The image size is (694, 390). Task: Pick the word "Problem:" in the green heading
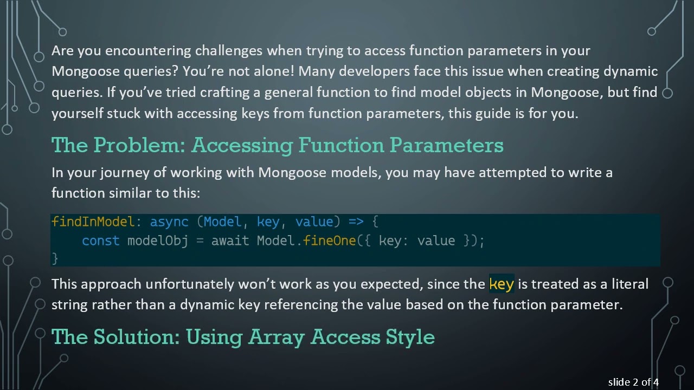(x=140, y=145)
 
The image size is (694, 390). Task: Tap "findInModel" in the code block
(x=92, y=222)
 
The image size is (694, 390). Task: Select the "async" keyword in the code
(x=169, y=222)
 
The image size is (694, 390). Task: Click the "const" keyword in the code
(x=100, y=241)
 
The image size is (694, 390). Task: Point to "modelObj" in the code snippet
(x=157, y=241)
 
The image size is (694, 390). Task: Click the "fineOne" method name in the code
(x=329, y=241)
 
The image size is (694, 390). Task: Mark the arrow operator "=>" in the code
(x=356, y=222)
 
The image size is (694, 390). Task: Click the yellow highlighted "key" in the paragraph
(x=501, y=284)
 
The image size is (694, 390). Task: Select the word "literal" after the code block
(x=629, y=284)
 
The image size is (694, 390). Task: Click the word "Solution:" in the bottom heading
(x=137, y=337)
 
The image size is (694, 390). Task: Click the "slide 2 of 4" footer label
(x=633, y=382)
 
